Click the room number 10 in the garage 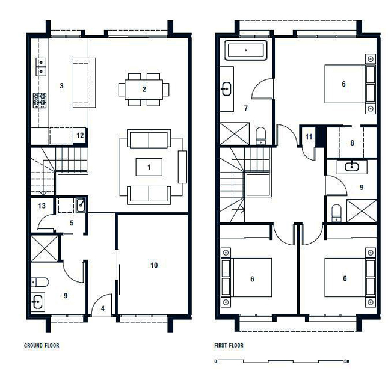click(x=154, y=265)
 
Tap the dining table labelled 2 click(x=144, y=89)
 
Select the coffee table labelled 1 click(x=149, y=167)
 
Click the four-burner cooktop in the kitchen click(x=40, y=100)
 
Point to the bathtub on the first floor click(x=246, y=50)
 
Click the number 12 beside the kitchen click(x=80, y=135)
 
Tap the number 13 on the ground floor click(x=42, y=206)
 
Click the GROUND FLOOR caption click(x=42, y=346)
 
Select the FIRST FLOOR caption click(x=229, y=346)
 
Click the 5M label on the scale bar click(x=346, y=361)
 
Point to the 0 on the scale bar click(x=216, y=361)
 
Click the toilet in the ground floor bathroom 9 click(x=40, y=282)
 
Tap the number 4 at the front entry click(x=103, y=308)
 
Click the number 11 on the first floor click(x=309, y=136)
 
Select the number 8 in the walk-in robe click(x=352, y=143)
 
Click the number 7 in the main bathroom click(x=246, y=108)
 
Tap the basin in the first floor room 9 click(x=352, y=167)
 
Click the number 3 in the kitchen click(x=61, y=86)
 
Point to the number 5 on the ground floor click(x=72, y=223)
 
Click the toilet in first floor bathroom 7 click(x=261, y=136)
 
